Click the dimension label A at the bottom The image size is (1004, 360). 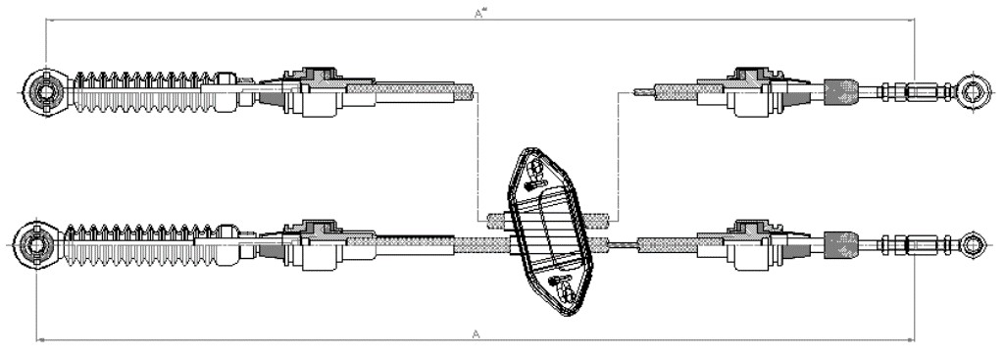pyautogui.click(x=476, y=334)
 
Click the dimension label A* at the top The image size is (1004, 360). pyautogui.click(x=479, y=13)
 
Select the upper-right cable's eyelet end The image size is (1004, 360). pyautogui.click(x=974, y=91)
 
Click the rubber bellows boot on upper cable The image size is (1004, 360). pyautogui.click(x=145, y=92)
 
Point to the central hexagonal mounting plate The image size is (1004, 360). pyautogui.click(x=549, y=231)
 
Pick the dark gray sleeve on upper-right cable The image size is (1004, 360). pyautogui.click(x=839, y=92)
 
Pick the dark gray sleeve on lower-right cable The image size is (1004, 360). pyautogui.click(x=840, y=244)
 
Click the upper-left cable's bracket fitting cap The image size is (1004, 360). pyautogui.click(x=317, y=74)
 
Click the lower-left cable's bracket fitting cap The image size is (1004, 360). pyautogui.click(x=317, y=227)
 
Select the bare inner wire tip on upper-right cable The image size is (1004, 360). pyautogui.click(x=642, y=92)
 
